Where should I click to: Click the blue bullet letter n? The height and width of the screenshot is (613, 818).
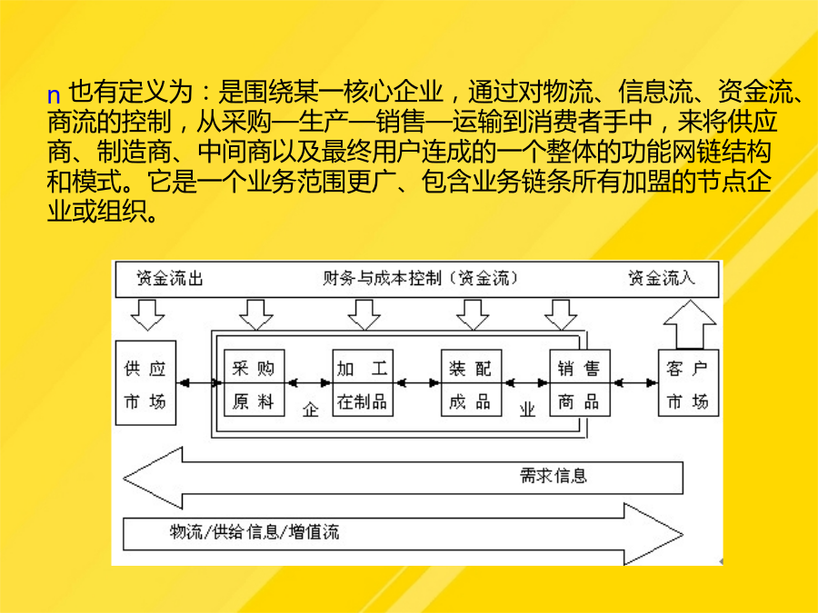54,96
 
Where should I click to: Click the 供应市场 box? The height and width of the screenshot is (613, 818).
145,382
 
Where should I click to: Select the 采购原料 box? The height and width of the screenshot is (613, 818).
254,383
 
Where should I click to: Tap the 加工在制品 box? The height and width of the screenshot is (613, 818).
363,383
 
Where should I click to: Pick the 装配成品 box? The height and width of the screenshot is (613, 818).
471,383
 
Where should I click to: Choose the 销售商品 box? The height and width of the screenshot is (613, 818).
580,383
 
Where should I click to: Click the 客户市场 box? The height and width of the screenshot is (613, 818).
688,383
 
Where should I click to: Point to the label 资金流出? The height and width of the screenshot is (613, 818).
170,279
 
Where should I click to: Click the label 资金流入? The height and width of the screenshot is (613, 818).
662,279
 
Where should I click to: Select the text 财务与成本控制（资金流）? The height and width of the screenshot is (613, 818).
421,279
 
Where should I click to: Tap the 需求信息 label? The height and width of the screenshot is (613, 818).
554,475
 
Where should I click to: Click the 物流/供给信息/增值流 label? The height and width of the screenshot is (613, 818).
254,531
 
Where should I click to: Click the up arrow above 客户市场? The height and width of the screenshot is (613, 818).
690,324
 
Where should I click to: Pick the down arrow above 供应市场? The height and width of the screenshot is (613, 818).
147,315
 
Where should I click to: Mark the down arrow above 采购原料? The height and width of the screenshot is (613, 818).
256,315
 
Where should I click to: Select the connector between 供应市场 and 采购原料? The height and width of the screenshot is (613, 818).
200,383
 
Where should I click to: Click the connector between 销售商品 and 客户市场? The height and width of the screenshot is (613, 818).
634,383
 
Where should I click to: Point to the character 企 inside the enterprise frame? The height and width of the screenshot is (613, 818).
311,410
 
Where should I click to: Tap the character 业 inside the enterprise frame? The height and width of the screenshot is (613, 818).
527,410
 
